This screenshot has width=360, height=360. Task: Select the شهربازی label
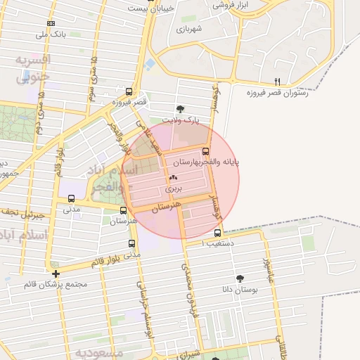pyautogui.click(x=189, y=29)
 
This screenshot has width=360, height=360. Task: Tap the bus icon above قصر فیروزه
pyautogui.click(x=128, y=91)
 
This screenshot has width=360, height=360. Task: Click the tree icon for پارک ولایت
pyautogui.click(x=180, y=109)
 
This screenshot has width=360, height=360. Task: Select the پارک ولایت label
pyautogui.click(x=181, y=120)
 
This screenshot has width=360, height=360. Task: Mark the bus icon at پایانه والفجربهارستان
pyautogui.click(x=205, y=151)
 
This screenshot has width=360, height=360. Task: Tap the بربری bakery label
pyautogui.click(x=173, y=189)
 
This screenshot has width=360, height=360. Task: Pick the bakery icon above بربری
pyautogui.click(x=173, y=179)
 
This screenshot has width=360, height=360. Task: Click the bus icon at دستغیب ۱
pyautogui.click(x=217, y=233)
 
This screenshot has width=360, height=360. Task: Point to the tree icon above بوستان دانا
pyautogui.click(x=241, y=278)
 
